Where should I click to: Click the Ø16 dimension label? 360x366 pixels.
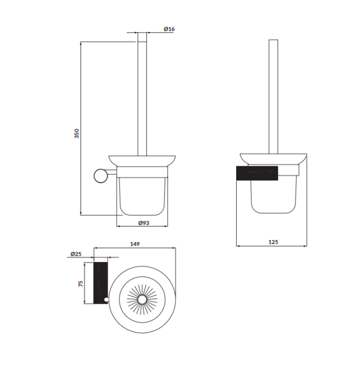coord(169,29)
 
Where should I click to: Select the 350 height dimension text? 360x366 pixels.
coord(77,133)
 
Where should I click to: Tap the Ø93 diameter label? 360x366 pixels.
coord(144,223)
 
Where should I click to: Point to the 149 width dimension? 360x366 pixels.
coord(135,244)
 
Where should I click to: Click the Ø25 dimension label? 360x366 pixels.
coord(76,254)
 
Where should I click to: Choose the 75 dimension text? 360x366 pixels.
coord(81,283)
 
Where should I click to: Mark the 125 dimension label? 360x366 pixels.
coord(273,242)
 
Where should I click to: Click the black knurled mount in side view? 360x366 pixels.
coord(257,173)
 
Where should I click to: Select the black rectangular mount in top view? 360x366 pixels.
coord(100,283)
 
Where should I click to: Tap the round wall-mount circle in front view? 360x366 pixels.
coord(101,176)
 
